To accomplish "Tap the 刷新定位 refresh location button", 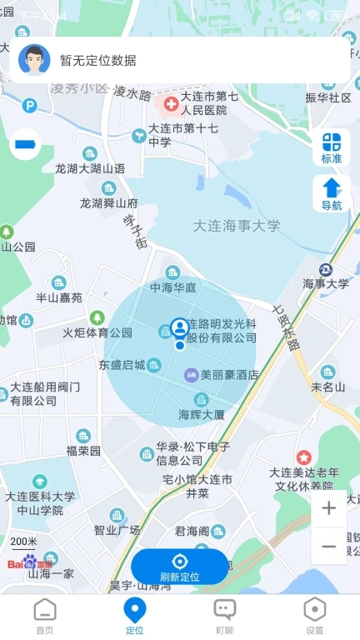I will coord(179,567).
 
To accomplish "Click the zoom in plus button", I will coord(329,507).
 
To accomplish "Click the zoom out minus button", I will coord(329,547).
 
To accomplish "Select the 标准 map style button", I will coord(332,147).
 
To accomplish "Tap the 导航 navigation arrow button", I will coord(332,193).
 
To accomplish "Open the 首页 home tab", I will coord(45,616).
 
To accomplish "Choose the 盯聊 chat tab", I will coord(224,616).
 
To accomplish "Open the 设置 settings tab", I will coord(314,616).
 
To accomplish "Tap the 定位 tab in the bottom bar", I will coord(134,616).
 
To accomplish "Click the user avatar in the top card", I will coord(34,60).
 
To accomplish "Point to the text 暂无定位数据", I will coord(98,60).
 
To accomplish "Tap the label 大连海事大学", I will coord(237,226).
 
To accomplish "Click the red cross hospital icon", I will coord(171,103).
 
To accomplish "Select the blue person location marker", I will coord(179,327).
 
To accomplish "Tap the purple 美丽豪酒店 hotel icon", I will coord(191,375).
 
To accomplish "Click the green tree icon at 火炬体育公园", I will coord(97,317).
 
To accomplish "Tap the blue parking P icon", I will coord(30,106).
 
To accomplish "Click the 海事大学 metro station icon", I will coord(326,269).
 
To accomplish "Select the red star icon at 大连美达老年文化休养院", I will coord(303,457).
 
